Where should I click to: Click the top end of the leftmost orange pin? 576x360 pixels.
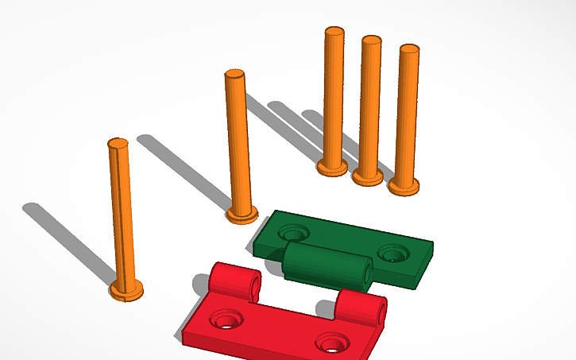coord(118,145)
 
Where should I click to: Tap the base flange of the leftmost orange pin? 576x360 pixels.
coord(126,291)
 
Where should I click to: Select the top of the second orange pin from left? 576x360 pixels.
coord(234,75)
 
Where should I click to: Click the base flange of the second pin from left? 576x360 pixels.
coord(242,214)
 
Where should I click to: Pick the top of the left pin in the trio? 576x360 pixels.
coord(334,33)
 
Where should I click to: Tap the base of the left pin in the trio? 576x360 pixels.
coord(332,168)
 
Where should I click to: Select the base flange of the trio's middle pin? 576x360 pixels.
coord(368,177)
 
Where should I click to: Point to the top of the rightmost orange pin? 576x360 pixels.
coord(408,49)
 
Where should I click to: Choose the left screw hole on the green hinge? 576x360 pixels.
coord(294,233)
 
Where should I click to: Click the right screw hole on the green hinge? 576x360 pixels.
coord(392,254)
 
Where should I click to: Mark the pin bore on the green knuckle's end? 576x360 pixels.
coord(366,272)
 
